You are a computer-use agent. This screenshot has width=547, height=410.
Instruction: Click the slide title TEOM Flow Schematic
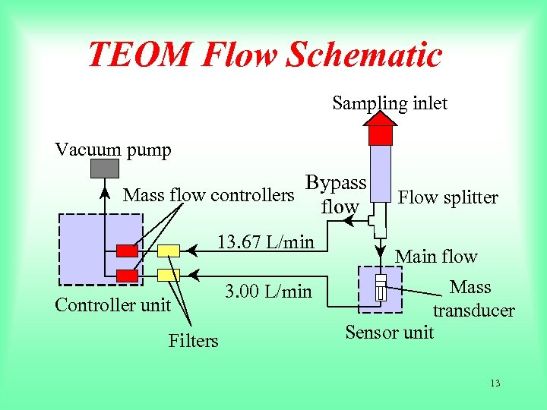[264, 55]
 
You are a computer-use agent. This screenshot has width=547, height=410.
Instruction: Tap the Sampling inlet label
[390, 103]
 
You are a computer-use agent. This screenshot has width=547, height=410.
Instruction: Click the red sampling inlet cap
[380, 134]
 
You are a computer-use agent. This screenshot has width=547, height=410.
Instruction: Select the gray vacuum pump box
[106, 168]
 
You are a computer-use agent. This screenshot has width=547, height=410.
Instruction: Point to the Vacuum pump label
[113, 150]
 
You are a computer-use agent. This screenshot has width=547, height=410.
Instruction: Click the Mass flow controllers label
[208, 195]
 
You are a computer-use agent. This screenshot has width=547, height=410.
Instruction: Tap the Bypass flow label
[337, 194]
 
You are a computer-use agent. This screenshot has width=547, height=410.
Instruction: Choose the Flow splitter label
[448, 198]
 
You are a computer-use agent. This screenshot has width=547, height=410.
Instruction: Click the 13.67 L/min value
[265, 242]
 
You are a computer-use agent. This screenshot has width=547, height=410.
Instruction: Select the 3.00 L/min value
[269, 291]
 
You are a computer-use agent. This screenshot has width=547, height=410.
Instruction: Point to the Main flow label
[436, 257]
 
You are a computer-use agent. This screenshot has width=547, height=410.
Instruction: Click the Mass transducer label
[473, 298]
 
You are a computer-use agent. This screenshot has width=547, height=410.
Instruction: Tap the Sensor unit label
[389, 332]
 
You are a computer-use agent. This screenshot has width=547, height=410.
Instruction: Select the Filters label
[193, 341]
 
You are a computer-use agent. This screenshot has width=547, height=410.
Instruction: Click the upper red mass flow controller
[127, 251]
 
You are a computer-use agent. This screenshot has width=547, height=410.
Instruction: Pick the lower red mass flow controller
[127, 276]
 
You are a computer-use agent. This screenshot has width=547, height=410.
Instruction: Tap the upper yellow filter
[169, 251]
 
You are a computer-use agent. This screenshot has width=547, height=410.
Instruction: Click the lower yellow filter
[169, 275]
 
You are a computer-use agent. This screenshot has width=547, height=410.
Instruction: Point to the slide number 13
[495, 383]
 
